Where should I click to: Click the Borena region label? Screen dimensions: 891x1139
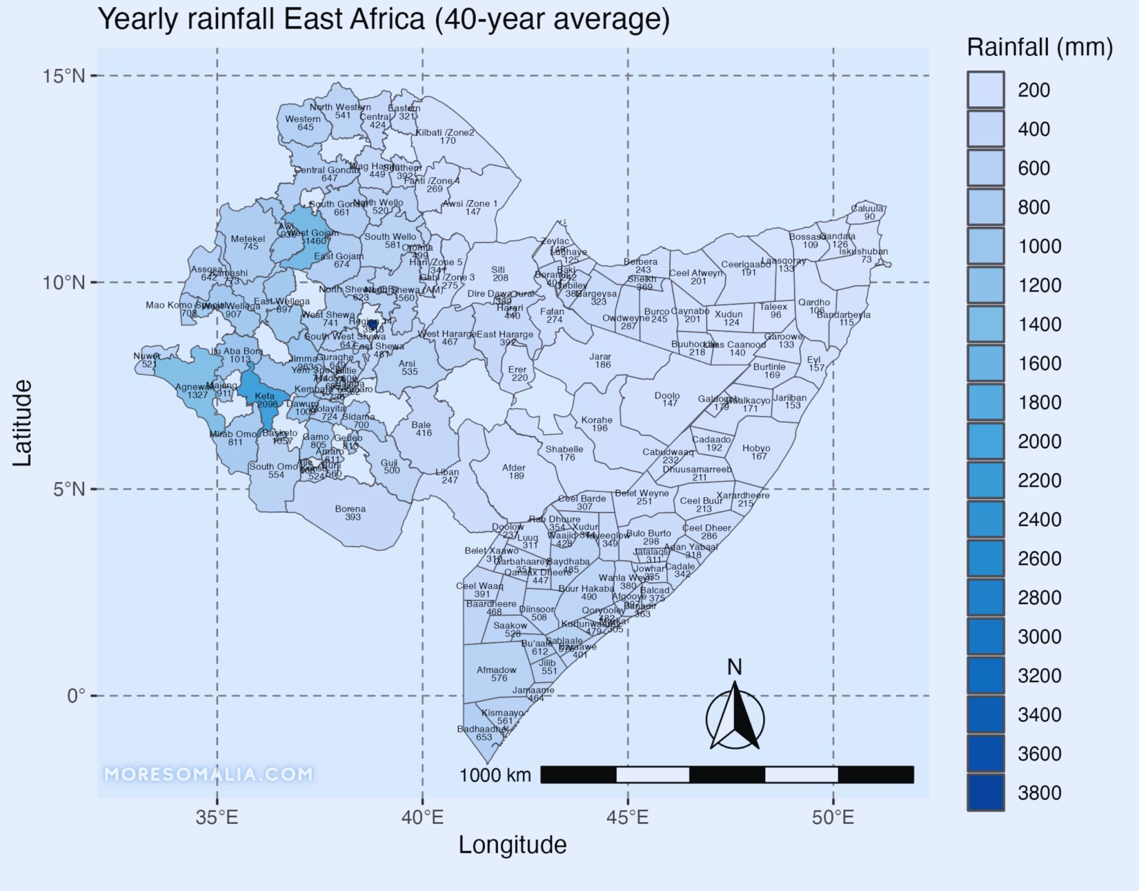351,512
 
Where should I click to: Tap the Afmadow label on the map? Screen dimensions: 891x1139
497,674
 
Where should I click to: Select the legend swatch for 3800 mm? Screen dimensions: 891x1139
986,792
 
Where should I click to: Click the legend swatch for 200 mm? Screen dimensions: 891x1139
986,90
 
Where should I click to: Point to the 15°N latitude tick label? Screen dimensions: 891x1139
65,76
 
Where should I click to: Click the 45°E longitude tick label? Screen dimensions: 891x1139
628,818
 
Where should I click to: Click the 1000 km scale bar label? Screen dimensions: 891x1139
495,775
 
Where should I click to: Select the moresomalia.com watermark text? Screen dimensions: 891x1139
209,774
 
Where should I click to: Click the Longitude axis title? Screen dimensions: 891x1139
512,845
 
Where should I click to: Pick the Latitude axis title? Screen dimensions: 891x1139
22,423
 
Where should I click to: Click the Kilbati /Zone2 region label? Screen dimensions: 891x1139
445,136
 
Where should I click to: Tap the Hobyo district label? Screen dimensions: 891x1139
756,452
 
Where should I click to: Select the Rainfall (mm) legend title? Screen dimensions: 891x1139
1039,48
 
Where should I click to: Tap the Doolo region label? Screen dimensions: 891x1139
667,399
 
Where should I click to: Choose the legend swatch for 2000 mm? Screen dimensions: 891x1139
986,441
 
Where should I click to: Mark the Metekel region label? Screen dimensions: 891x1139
248,242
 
